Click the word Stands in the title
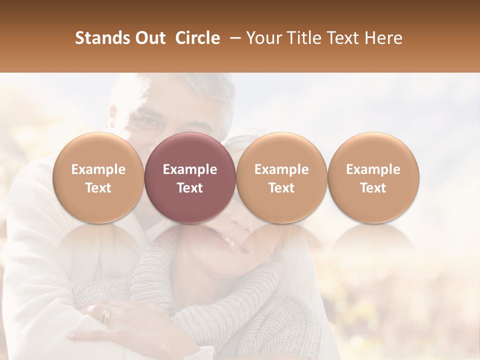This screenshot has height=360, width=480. [102, 38]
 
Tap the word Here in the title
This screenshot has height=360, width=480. [384, 38]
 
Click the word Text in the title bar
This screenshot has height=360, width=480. [344, 38]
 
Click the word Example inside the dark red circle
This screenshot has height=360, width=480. [190, 169]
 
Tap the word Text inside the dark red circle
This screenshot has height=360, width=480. [190, 188]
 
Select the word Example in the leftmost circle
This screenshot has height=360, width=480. [98, 169]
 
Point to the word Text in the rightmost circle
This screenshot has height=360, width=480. [373, 188]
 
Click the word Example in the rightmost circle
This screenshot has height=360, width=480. [373, 169]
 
